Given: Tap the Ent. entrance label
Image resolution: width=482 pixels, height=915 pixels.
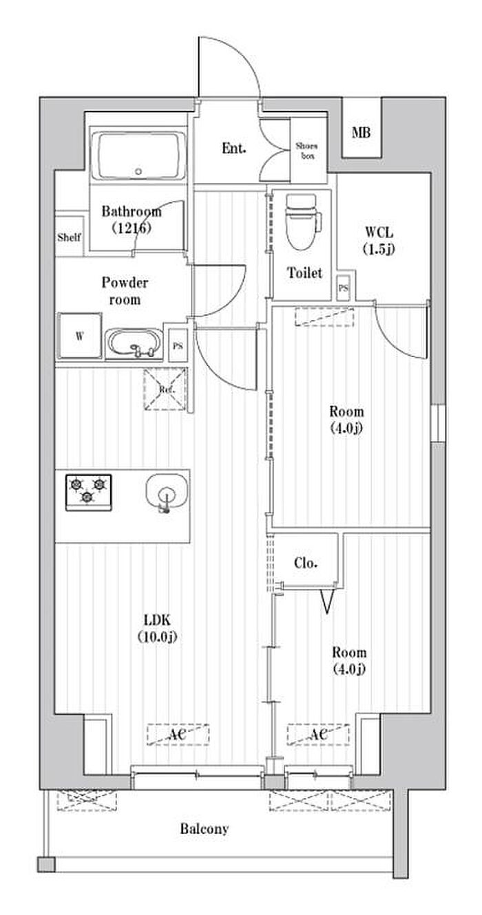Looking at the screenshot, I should tap(234, 148).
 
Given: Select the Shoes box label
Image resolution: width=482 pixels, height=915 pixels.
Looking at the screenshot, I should tap(306, 150).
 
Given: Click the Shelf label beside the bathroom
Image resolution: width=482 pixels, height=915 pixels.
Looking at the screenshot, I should tap(69, 238).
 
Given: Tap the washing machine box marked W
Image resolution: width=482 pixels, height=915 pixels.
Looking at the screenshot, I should tap(80, 336).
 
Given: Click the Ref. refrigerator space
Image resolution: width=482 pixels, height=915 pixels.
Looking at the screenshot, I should tap(165, 389).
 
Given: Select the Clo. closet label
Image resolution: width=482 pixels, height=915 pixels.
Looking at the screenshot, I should tap(306, 563).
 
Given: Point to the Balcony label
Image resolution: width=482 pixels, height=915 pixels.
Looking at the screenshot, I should tap(205, 828).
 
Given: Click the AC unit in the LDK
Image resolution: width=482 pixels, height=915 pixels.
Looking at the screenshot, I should tap(178, 735).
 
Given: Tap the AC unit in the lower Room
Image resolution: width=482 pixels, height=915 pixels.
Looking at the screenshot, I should tap(317, 735).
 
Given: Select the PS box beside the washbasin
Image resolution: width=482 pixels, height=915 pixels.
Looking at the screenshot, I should tap(178, 345).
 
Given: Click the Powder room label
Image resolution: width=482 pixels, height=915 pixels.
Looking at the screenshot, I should tap(125, 291).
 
